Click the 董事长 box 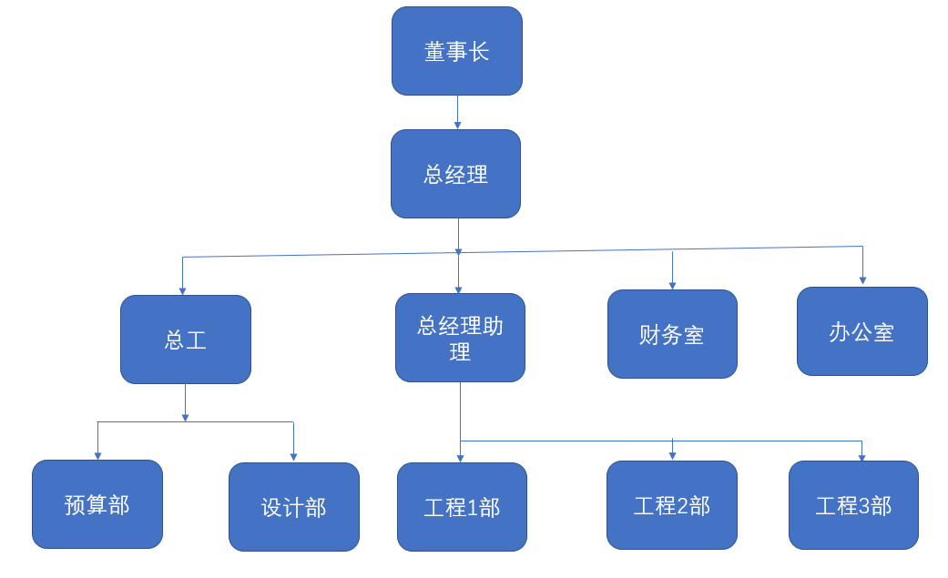pos(457,51)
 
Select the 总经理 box pos(456,174)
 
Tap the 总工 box pos(186,340)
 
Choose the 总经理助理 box pos(460,338)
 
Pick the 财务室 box pos(672,334)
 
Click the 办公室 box pos(861,331)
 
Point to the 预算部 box pos(97,504)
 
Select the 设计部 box pos(293,507)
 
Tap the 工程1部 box pos(462,507)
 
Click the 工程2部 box pos(672,505)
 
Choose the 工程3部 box pos(853,505)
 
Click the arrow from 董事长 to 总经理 pos(457,112)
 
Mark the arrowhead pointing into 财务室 pos(672,285)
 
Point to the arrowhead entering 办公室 pos(862,280)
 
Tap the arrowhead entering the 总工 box pos(182,290)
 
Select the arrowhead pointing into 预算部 pos(97,455)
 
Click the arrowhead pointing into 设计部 pos(293,457)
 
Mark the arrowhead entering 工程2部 pos(672,455)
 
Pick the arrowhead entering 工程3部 pos(861,457)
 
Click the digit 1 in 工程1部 pos(472,508)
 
